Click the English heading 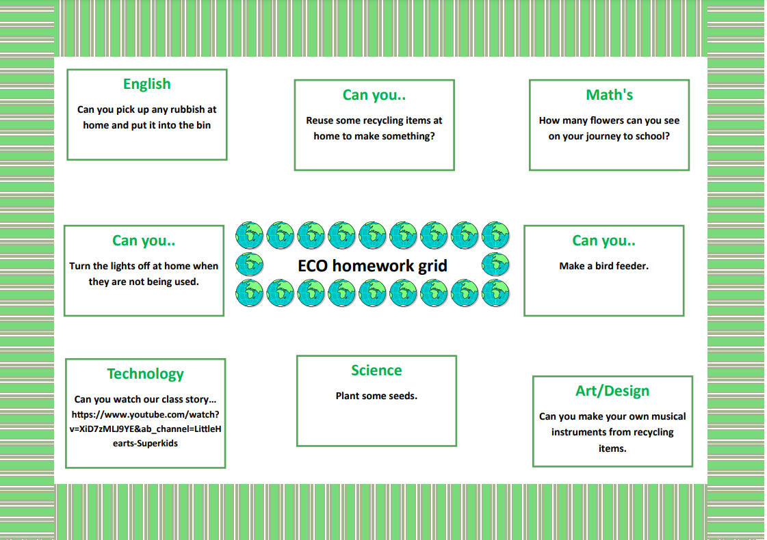coord(146,84)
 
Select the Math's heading coord(609,94)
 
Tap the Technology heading coord(145,374)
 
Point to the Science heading coord(376,370)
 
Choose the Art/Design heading coord(612,391)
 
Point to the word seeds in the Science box coord(403,396)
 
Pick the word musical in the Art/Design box coord(666,416)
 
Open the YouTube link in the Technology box coord(145,429)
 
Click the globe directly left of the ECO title coord(250,265)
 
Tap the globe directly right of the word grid coord(495,265)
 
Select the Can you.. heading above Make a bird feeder coord(603,241)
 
